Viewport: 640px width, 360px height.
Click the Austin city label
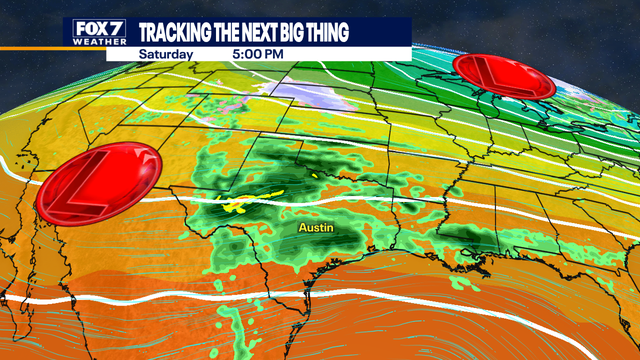pos(315,228)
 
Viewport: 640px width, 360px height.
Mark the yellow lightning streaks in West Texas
pos(236,207)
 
